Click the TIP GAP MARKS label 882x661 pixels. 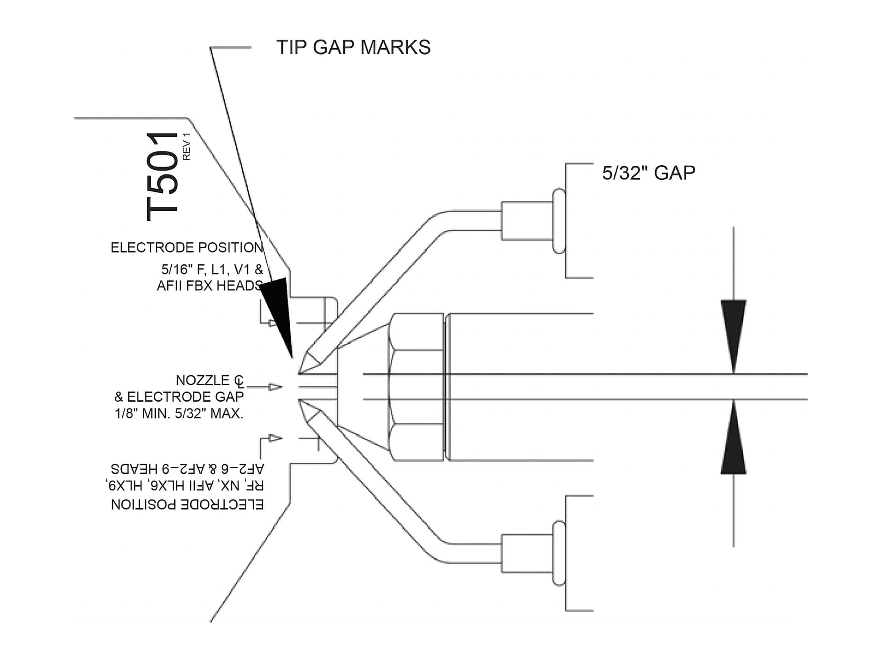pos(353,47)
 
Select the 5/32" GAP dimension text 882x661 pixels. pos(648,173)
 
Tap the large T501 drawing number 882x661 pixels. pos(162,176)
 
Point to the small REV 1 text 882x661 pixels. pos(187,146)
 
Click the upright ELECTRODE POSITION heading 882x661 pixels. pos(187,248)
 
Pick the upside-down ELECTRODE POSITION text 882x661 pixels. pos(187,504)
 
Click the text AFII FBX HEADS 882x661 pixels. pos(209,286)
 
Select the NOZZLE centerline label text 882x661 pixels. pos(209,381)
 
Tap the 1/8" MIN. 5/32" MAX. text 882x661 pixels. pos(179,414)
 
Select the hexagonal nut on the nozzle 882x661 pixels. pos(416,387)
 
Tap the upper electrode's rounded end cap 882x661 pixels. pos(559,221)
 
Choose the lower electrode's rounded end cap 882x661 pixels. pos(559,554)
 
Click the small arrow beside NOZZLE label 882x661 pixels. pos(275,387)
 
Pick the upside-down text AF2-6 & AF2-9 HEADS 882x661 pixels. pos(187,469)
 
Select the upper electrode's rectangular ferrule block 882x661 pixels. pos(526,221)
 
